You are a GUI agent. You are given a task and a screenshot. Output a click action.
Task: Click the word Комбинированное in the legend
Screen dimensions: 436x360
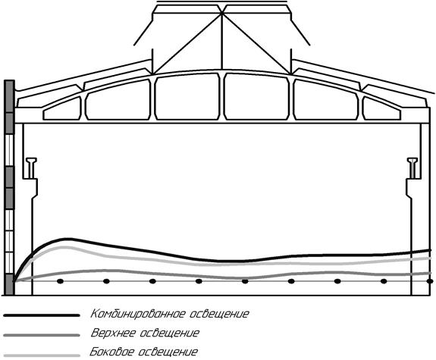pos(138,314)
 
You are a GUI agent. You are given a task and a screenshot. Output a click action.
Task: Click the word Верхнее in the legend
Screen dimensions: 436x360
pos(113,333)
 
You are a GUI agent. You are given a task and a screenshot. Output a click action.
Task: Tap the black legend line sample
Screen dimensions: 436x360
pos(42,315)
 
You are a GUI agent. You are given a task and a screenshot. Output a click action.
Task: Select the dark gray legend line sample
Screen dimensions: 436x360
pos(42,336)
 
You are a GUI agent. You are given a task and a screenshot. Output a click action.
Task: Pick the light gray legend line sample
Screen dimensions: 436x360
pos(42,355)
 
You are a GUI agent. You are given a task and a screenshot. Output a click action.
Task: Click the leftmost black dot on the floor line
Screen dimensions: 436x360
pos(61,281)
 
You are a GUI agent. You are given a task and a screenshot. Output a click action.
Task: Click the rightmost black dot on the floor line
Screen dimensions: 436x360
pos(430,281)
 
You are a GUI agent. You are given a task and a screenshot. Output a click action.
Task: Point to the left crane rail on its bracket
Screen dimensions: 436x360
pos(31,168)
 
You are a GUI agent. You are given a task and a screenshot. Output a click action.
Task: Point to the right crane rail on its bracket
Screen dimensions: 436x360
pos(412,168)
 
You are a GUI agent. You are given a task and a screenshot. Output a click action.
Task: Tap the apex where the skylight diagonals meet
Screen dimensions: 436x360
pos(222,13)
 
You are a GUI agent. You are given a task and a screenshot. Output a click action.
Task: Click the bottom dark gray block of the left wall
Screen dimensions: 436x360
pos(10,284)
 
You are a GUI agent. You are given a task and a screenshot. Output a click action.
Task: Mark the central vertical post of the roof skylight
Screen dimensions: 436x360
pos(222,41)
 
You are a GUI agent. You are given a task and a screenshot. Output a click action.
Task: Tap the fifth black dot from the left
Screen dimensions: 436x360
pos(245,281)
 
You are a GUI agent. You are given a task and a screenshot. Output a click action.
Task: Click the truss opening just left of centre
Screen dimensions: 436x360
pos(187,97)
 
